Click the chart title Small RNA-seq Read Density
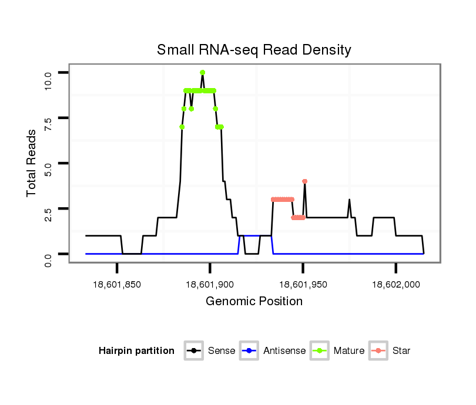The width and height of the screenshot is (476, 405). tap(254, 50)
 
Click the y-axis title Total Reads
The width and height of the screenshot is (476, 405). tap(33, 163)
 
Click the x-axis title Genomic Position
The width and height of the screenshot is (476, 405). tap(254, 302)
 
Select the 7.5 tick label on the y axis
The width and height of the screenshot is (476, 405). tap(49, 124)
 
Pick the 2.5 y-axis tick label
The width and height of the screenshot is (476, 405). tap(49, 215)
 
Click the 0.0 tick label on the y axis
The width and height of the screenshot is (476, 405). tap(49, 260)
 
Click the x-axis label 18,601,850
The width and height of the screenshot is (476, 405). tap(117, 284)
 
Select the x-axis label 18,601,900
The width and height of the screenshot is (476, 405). tap(210, 284)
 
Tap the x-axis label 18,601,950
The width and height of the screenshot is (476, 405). tap(303, 284)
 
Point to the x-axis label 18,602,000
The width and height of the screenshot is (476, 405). tap(395, 284)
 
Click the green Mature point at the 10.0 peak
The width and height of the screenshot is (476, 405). tap(202, 72)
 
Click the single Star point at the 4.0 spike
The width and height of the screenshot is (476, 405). tap(304, 181)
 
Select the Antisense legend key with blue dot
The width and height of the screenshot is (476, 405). tap(249, 351)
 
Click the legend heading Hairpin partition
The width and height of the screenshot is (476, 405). tap(136, 351)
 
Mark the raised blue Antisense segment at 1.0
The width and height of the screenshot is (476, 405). tap(249, 235)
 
